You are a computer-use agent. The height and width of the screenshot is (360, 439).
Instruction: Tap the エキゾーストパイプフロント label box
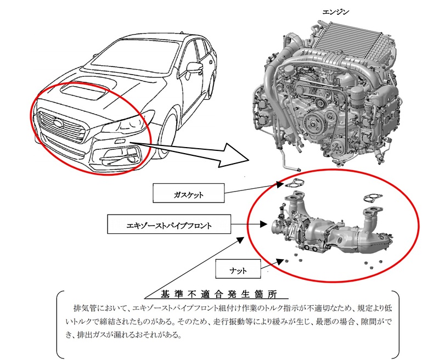tap(166, 224)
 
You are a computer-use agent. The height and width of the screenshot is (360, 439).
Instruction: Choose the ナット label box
tap(239, 270)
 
